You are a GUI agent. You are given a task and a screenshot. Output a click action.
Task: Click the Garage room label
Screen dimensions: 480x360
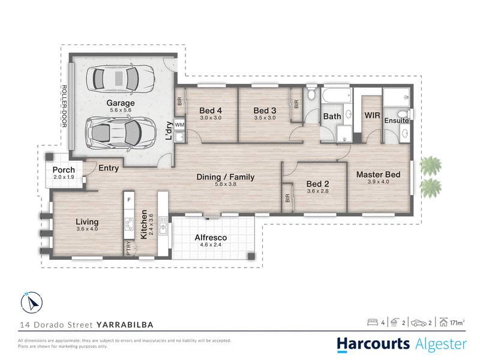(x=121, y=103)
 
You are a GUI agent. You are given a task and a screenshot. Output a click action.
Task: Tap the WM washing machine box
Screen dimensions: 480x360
(x=179, y=125)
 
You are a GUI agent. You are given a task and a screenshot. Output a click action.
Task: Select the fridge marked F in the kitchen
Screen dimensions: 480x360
(x=129, y=200)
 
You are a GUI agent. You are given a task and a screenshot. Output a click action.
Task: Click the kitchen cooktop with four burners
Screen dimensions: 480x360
(x=129, y=224)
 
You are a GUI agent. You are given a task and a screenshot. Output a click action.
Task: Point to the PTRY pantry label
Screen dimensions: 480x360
(x=128, y=248)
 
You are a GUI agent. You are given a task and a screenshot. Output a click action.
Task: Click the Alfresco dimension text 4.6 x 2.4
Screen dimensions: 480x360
(x=211, y=245)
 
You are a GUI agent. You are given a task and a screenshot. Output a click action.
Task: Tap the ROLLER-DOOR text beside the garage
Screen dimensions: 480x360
(x=64, y=106)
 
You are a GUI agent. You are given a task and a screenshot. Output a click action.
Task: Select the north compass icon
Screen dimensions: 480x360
(x=32, y=303)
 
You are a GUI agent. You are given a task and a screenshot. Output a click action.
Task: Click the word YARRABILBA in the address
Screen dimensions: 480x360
(x=125, y=325)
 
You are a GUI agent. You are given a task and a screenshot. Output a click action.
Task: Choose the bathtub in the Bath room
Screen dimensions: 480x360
(x=337, y=95)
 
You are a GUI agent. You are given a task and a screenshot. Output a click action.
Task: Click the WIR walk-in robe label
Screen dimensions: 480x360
(x=372, y=115)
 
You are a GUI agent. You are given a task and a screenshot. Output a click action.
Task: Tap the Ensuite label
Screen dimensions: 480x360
(x=397, y=121)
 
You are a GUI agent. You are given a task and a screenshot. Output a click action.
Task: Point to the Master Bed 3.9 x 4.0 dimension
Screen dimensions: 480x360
(x=379, y=182)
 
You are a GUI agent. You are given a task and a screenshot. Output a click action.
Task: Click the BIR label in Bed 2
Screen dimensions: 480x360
(x=287, y=199)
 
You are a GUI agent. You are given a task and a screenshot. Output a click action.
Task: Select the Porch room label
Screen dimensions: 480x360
(x=64, y=170)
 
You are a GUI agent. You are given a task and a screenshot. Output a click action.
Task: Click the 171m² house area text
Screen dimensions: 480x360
(x=457, y=323)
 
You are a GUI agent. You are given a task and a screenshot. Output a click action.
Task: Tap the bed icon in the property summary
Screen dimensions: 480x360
(x=373, y=322)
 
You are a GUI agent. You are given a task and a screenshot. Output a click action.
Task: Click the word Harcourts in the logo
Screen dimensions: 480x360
(x=373, y=344)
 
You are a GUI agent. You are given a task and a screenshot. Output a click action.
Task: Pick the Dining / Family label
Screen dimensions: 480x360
(x=226, y=177)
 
